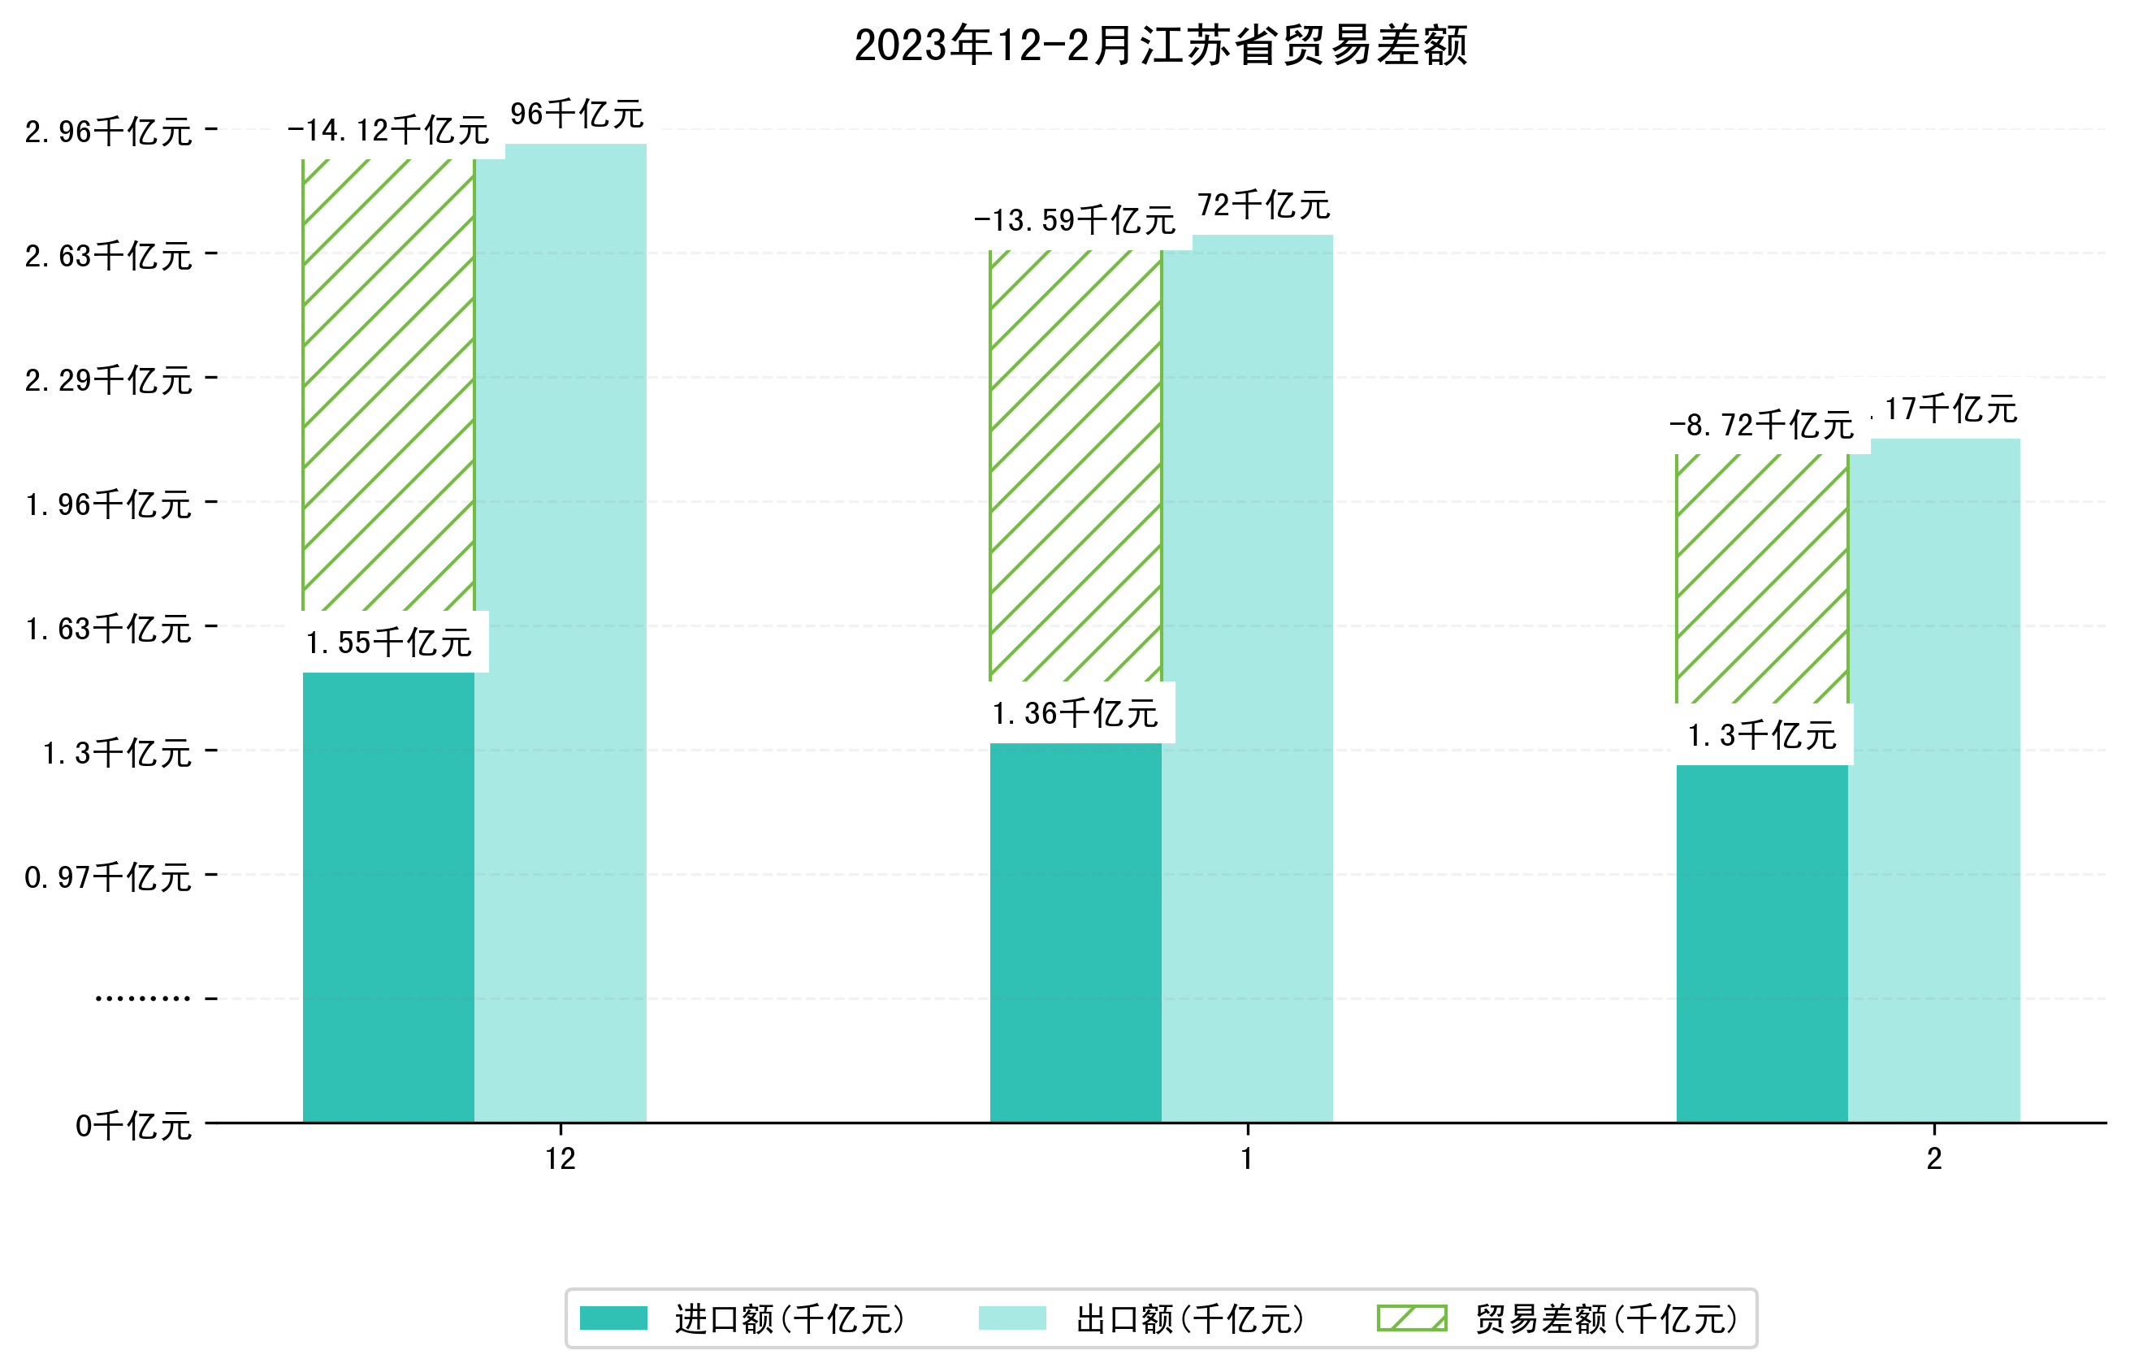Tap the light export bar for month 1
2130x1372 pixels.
coord(1247,677)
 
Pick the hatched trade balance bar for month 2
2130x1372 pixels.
coord(1761,579)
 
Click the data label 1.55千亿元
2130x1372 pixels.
coord(388,643)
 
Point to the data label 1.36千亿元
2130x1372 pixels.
coord(1076,712)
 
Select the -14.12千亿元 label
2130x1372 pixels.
coord(388,131)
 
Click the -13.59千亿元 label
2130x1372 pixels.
coord(1076,220)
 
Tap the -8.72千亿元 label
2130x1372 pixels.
coord(1761,425)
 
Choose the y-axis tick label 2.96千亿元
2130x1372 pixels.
coord(108,132)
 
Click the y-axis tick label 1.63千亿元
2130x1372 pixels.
coord(108,629)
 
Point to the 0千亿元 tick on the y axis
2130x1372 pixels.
coord(133,1126)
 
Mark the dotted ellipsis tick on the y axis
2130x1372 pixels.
coord(142,998)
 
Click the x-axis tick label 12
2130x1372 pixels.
coord(561,1159)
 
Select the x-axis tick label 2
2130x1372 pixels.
coord(1934,1159)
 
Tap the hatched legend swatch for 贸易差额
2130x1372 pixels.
coord(1412,1318)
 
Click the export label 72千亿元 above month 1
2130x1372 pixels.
coord(1263,206)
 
